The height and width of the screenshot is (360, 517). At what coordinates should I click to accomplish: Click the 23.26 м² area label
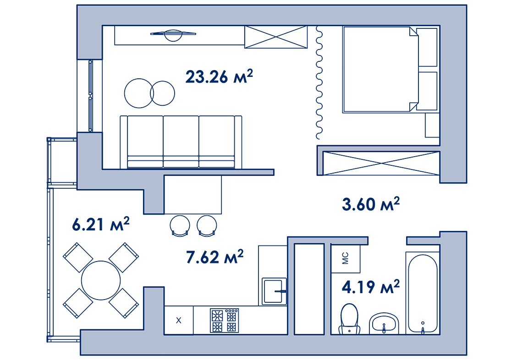pos(219,76)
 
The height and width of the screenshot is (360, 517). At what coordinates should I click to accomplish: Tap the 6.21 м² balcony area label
pos(100,224)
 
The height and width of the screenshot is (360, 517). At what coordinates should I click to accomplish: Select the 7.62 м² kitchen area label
pos(214,256)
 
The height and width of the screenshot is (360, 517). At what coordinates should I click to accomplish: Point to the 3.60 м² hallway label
pos(371,204)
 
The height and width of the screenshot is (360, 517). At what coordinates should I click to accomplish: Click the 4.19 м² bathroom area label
pos(371,287)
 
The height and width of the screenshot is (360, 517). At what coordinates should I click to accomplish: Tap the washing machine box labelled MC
pos(346,259)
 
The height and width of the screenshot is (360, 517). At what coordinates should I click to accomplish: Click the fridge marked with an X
pos(179,320)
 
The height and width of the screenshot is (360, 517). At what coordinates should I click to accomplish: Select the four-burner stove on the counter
pos(224,320)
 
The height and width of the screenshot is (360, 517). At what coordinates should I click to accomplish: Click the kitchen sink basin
pos(274,291)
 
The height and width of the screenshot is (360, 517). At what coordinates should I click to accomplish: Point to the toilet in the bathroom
pos(349,319)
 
